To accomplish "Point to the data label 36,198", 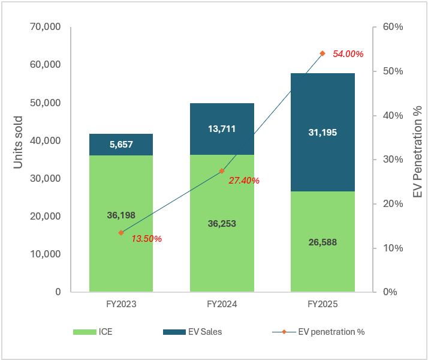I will click(120, 214).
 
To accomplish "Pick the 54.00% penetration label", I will click(348, 54).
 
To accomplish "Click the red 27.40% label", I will click(244, 180).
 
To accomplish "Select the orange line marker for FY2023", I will click(121, 233).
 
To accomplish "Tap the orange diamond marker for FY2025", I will click(322, 53).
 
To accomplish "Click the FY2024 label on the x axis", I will click(222, 305).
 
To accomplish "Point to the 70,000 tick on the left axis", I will click(45, 27).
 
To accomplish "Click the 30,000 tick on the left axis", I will click(45, 178).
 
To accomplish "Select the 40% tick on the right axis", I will click(393, 115).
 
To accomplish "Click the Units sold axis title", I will click(19, 142).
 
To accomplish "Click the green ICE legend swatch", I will click(85, 332).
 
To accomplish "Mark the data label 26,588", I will click(322, 243).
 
